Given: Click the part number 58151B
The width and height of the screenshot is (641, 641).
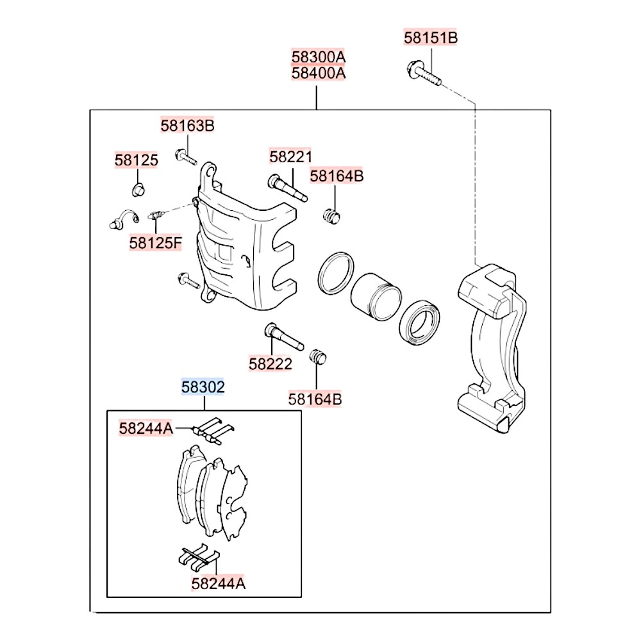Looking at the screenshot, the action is [x=431, y=38].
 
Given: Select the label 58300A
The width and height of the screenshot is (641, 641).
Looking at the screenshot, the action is [x=319, y=57].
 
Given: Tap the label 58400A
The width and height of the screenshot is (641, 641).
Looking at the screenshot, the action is [x=319, y=74].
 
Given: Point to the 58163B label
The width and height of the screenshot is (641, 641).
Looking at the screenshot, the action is [x=187, y=126].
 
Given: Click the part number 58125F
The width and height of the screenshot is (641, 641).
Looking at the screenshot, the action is [x=155, y=243].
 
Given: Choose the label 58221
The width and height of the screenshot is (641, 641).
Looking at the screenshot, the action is [x=290, y=156].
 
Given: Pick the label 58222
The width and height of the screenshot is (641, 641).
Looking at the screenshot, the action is [x=271, y=364].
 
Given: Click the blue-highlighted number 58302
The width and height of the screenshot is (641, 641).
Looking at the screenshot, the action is [x=203, y=387].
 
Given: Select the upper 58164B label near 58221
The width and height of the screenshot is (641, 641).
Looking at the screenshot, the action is [x=337, y=176].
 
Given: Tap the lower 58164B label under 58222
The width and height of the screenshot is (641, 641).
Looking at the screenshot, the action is [x=315, y=399].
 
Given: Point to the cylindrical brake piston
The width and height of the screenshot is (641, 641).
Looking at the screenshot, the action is [x=376, y=296].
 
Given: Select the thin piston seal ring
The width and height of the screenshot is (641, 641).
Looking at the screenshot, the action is [x=336, y=273].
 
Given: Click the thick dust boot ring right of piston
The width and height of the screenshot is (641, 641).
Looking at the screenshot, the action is [x=419, y=322].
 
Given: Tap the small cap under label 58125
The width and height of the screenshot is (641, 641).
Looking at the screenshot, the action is [x=138, y=190].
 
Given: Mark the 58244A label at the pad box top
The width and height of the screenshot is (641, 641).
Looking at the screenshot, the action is [x=146, y=428].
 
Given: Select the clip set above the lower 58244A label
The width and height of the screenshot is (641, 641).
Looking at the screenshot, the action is [x=199, y=557].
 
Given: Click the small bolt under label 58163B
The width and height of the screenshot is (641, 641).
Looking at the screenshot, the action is [x=187, y=157].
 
